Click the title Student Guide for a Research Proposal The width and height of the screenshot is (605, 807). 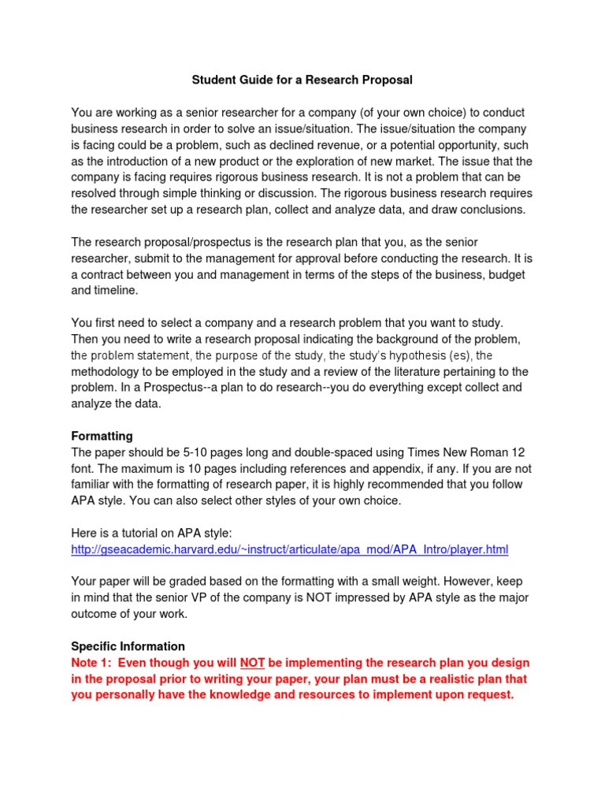point(302,80)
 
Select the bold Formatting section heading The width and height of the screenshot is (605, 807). point(102,436)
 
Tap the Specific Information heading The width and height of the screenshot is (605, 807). point(128,646)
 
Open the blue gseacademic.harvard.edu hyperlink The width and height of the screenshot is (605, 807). point(290,549)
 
